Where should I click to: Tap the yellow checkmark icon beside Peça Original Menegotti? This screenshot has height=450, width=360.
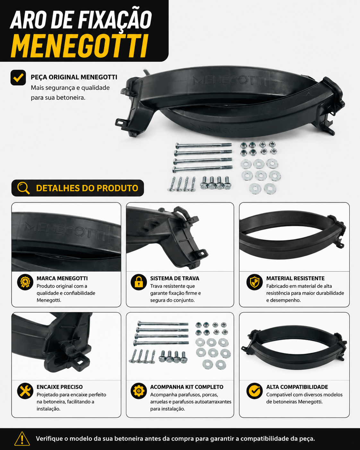tap(18, 78)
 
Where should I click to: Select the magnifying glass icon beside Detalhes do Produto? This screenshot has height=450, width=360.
tap(23, 188)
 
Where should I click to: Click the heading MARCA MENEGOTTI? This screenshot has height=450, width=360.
tap(62, 278)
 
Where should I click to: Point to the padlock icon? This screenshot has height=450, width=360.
tap(139, 282)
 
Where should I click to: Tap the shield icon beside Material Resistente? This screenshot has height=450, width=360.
tap(254, 282)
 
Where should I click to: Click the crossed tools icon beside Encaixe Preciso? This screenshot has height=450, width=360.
tap(25, 391)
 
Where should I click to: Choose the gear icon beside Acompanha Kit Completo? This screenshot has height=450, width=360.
tap(139, 391)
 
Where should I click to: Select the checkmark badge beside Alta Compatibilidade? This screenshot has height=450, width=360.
tap(254, 391)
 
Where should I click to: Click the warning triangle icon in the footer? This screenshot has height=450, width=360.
tap(22, 438)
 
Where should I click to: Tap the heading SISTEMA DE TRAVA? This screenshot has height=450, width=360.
tap(175, 278)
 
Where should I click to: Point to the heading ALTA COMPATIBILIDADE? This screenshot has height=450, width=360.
tap(297, 387)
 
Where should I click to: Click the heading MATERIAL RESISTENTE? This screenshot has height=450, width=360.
tap(296, 278)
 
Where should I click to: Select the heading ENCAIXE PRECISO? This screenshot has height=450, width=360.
tap(60, 387)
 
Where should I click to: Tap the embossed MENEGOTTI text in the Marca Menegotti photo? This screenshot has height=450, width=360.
tap(64, 231)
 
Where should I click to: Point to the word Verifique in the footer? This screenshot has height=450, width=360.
tap(49, 438)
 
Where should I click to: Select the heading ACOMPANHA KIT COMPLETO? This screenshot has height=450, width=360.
tap(187, 387)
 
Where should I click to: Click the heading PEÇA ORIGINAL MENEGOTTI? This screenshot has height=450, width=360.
tap(74, 77)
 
